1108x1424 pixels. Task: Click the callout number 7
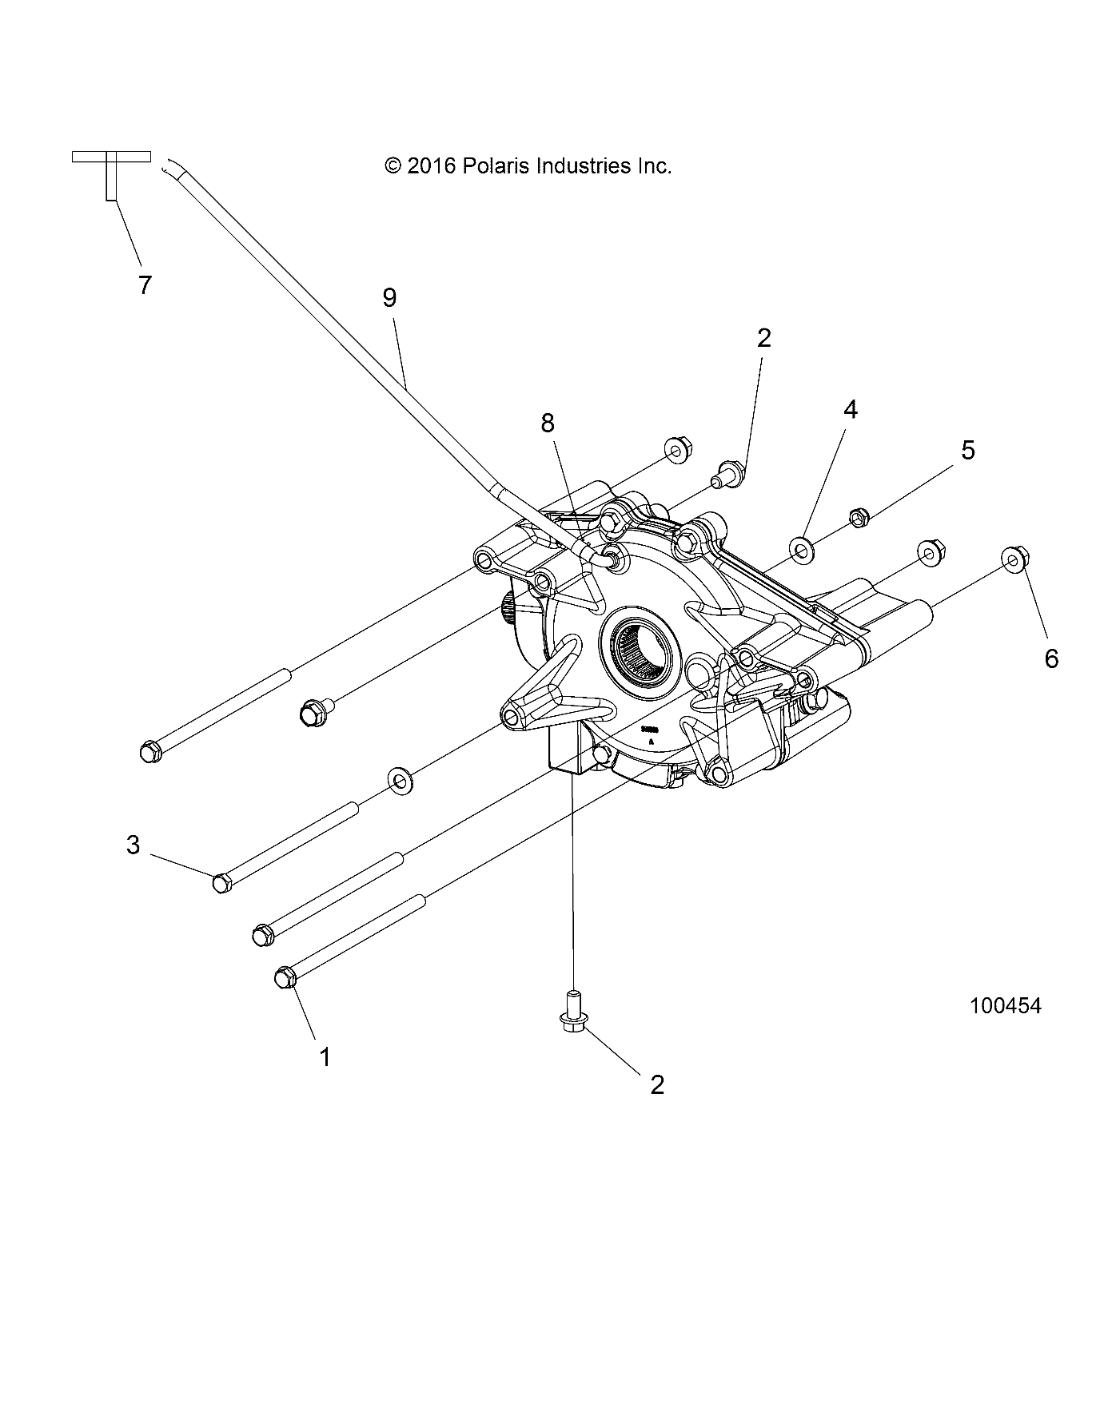(x=145, y=284)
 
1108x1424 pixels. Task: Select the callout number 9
(x=389, y=297)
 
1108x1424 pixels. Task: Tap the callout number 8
(x=547, y=423)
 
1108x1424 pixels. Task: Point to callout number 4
(x=851, y=409)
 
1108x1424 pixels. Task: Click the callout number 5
(x=968, y=450)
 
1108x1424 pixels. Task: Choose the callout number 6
(x=1051, y=658)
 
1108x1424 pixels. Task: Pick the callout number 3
(x=134, y=844)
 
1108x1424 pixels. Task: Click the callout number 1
(x=325, y=1056)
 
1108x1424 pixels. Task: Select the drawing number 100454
(x=1006, y=1006)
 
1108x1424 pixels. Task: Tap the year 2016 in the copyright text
(x=430, y=166)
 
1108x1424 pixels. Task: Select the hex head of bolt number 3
(x=222, y=883)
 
